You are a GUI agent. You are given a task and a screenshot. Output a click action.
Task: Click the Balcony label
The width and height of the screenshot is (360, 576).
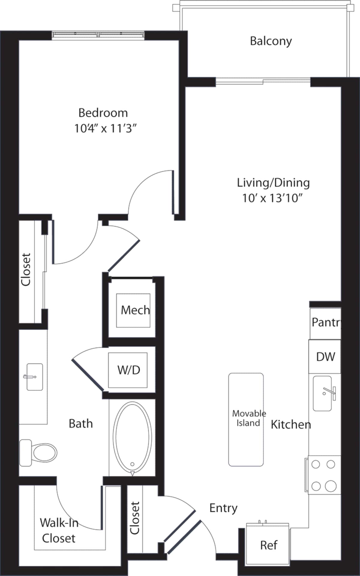(x=271, y=41)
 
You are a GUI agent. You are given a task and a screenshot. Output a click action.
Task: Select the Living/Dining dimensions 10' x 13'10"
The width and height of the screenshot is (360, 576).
(x=273, y=198)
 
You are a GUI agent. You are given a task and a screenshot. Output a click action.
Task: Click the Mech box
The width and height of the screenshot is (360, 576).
(x=133, y=310)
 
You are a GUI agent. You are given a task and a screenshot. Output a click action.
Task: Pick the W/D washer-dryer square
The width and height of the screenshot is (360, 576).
(x=128, y=370)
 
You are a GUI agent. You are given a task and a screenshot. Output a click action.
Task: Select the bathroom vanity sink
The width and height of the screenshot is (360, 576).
(x=34, y=377)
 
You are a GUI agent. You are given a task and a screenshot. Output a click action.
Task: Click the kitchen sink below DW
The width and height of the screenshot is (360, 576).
(x=323, y=393)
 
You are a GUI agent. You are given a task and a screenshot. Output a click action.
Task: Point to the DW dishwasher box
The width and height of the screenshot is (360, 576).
(x=325, y=357)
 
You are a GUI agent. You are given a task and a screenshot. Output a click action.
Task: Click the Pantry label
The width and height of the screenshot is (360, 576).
(x=326, y=322)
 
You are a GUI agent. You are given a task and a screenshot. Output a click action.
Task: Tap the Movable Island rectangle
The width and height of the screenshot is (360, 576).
(x=246, y=419)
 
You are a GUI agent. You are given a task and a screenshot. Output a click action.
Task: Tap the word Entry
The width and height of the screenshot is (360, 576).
(x=223, y=508)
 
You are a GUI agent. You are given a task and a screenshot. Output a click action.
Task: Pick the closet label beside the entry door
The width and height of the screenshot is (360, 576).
(x=135, y=518)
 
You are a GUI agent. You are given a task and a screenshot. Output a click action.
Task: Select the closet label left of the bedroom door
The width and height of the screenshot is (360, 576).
(x=26, y=269)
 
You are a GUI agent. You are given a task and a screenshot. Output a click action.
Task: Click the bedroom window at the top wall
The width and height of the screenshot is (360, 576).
(x=98, y=34)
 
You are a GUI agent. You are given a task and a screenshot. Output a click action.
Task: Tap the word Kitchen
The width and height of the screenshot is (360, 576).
(x=290, y=424)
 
